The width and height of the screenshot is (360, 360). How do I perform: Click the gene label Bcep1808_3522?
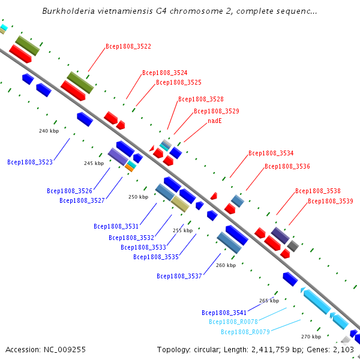[128, 46]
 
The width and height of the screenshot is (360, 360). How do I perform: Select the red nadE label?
[215, 121]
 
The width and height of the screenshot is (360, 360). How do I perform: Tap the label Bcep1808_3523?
[30, 162]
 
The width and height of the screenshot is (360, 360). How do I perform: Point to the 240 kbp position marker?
[49, 131]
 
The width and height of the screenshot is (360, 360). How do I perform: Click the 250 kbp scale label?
[139, 197]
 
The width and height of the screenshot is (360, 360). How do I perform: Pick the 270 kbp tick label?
[311, 337]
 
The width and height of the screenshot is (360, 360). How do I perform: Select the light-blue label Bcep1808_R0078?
[233, 322]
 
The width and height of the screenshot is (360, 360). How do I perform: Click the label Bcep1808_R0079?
[245, 332]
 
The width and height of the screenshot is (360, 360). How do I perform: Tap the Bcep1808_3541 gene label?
[224, 313]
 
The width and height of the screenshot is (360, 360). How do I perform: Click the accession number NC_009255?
[65, 350]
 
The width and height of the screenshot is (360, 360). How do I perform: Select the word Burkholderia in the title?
[68, 11]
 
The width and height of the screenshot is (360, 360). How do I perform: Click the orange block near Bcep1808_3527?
[129, 168]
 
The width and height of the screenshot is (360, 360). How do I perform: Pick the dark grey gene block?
[293, 246]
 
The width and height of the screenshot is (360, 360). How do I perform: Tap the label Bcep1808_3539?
[331, 201]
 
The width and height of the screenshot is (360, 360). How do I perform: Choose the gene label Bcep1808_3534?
[271, 153]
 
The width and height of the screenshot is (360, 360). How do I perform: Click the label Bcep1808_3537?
[179, 276]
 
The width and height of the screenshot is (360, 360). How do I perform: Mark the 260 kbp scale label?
[226, 265]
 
